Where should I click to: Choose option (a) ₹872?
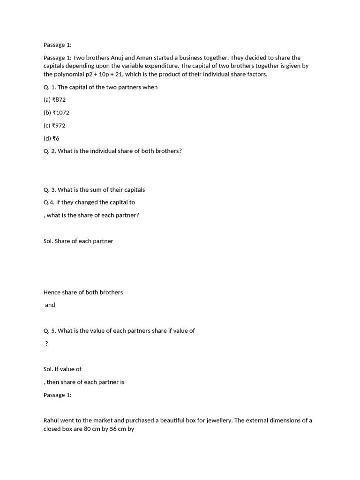54,100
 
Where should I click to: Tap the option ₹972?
59,126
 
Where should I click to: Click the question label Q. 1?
50,87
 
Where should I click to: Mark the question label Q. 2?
50,151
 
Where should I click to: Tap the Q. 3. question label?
50,190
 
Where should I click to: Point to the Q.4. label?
49,202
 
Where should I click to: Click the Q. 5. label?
50,330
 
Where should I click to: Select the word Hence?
52,292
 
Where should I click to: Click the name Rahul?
52,420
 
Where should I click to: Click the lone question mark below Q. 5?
46,344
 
